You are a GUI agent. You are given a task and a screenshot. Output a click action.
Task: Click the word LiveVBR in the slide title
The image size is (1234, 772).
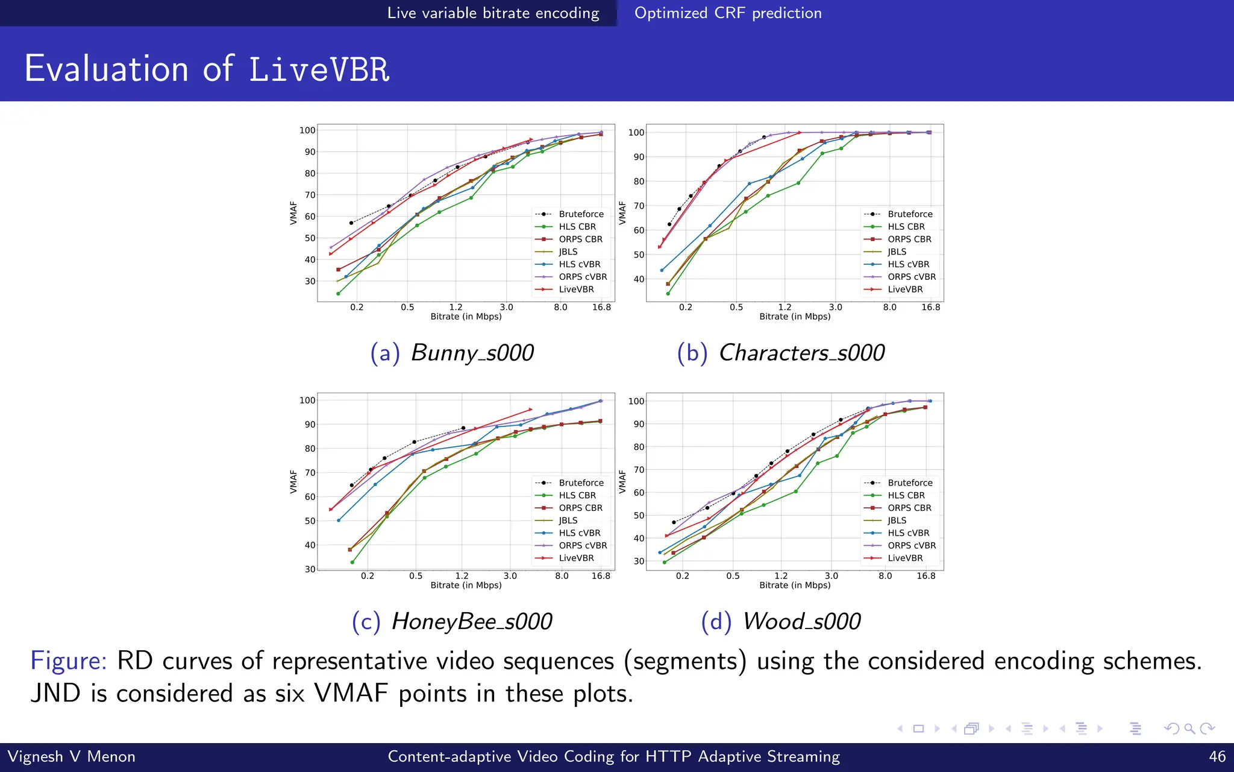point(319,69)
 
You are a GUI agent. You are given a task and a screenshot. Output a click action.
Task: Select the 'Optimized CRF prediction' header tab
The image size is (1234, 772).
point(728,13)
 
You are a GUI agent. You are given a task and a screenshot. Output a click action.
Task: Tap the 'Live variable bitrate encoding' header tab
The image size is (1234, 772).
point(493,13)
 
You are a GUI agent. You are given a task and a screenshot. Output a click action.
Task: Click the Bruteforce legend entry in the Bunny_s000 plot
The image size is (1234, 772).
point(580,214)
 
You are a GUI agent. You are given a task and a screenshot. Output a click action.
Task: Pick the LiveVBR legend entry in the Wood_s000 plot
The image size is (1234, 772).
point(904,558)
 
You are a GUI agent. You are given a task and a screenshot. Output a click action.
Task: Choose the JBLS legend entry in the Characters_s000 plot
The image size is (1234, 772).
point(897,252)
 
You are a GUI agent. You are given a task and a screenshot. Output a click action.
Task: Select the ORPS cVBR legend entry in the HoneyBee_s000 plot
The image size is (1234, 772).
point(582,545)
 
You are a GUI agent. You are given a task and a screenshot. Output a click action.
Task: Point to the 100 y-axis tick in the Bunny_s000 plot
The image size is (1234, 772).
point(307,130)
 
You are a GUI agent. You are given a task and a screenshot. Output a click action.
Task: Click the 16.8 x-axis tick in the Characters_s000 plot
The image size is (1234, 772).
point(930,307)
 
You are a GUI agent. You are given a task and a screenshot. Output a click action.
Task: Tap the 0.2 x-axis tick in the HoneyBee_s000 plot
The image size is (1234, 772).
point(368,576)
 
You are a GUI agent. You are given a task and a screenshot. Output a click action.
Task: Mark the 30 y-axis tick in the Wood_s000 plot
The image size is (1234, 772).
point(639,561)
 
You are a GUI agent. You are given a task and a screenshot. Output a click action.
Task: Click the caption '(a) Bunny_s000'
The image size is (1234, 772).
point(452,353)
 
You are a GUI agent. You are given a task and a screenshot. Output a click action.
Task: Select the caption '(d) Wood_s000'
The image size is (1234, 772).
point(781,621)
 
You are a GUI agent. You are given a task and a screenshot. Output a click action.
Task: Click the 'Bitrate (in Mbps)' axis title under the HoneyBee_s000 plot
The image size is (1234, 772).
point(466,585)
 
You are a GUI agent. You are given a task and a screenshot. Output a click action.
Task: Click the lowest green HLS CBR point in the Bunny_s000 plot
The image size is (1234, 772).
point(339,294)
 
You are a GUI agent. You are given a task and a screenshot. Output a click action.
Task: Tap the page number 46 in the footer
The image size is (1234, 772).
point(1217,756)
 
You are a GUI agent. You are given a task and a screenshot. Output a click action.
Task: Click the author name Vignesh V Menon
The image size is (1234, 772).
point(71,756)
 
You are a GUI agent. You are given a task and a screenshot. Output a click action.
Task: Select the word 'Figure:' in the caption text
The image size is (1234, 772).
point(68,661)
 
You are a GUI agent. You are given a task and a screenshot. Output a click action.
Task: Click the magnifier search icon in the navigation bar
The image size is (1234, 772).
point(1189,729)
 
